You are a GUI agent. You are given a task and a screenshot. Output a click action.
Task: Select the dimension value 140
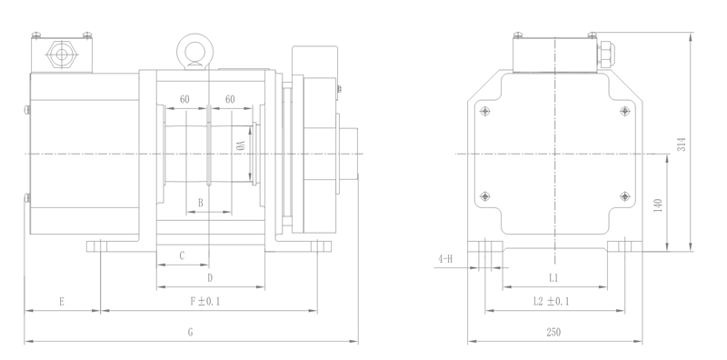pos(658,205)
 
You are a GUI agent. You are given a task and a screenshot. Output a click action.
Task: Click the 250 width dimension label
pos(553,332)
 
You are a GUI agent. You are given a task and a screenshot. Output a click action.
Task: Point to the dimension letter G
pos(190,332)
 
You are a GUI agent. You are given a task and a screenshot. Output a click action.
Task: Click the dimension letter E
pos(62,302)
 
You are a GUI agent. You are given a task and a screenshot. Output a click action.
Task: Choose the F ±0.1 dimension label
pos(205,302)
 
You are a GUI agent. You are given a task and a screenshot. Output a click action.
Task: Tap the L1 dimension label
pos(553,278)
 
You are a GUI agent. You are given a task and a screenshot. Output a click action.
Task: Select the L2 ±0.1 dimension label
pos(552,302)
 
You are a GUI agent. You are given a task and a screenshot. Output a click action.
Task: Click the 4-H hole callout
pos(444,259)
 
